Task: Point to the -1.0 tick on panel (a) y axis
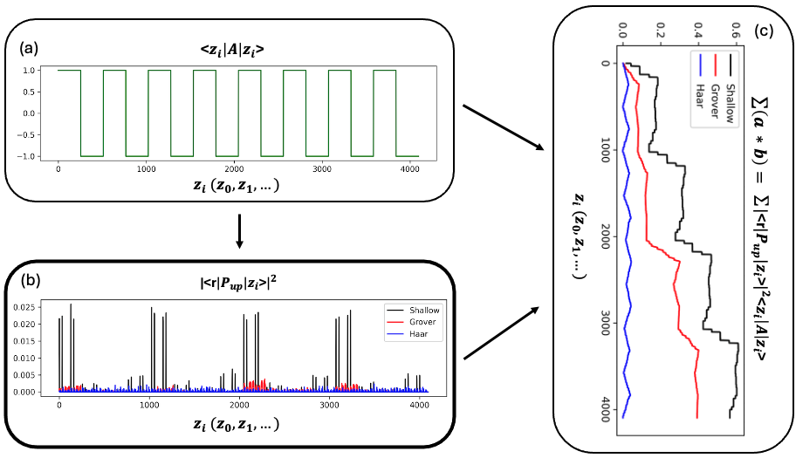pyautogui.click(x=38, y=156)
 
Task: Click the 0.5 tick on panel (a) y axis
pyautogui.click(x=39, y=92)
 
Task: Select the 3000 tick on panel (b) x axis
pyautogui.click(x=328, y=405)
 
